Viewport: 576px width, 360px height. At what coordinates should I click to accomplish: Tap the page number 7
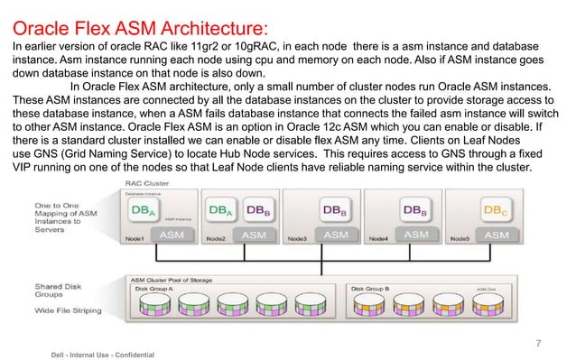pyautogui.click(x=538, y=343)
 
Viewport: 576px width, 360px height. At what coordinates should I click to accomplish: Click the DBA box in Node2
pyautogui.click(x=220, y=210)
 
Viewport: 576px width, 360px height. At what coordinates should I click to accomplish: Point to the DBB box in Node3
pyautogui.click(x=337, y=210)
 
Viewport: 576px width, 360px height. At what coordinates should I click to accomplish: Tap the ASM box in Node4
pyautogui.click(x=416, y=235)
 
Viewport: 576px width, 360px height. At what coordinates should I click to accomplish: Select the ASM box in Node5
pyautogui.click(x=497, y=235)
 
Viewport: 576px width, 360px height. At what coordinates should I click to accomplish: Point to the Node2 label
pyautogui.click(x=216, y=239)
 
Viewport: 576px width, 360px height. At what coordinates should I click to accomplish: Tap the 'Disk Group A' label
pyautogui.click(x=155, y=289)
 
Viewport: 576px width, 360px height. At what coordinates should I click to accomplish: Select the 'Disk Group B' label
pyautogui.click(x=370, y=289)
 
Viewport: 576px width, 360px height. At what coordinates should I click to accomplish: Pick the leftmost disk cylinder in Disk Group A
pyautogui.click(x=146, y=310)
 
